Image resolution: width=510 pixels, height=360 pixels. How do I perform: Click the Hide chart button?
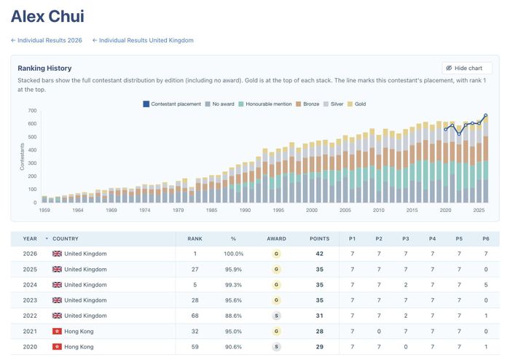[x=467, y=68]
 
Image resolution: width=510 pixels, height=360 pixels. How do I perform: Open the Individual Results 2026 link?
[x=47, y=40]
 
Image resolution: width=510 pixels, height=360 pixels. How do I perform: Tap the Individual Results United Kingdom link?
[x=143, y=40]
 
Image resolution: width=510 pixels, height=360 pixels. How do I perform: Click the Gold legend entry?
[x=356, y=104]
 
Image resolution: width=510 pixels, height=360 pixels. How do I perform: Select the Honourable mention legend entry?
[x=264, y=104]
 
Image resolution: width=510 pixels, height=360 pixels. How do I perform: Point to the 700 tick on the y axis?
[x=32, y=111]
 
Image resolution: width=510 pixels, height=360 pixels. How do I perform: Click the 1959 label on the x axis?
[x=44, y=210]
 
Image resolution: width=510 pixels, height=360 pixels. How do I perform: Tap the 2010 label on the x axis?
[x=379, y=210]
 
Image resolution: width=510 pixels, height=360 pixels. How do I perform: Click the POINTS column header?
[x=319, y=239]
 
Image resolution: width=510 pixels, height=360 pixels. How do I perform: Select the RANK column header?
[x=195, y=239]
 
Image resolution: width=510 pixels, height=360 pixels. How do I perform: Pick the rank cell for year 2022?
[x=195, y=316]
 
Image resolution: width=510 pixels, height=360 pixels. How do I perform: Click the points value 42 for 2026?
[x=319, y=254]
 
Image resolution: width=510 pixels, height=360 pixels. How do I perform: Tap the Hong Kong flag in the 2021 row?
[x=57, y=331]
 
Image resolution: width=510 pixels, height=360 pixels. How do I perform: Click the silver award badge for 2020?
[x=276, y=347]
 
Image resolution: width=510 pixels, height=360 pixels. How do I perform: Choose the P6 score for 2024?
[x=486, y=285]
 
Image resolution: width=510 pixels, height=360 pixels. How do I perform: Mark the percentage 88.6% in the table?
[x=233, y=316]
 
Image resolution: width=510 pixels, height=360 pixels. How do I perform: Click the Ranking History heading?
[x=44, y=69]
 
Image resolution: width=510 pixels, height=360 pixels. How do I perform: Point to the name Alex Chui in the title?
[x=47, y=16]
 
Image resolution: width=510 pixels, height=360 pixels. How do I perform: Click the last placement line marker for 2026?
[x=486, y=115]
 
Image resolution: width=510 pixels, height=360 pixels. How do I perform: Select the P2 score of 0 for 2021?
[x=379, y=332]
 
